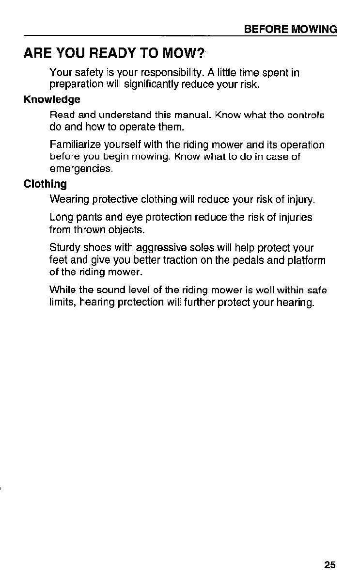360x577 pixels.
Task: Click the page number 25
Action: point(330,565)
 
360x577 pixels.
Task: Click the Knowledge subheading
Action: point(52,100)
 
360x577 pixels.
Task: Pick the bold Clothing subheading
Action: point(46,184)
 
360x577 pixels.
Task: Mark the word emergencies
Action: point(75,170)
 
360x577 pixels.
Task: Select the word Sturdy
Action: point(64,248)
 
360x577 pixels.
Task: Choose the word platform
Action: point(305,261)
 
